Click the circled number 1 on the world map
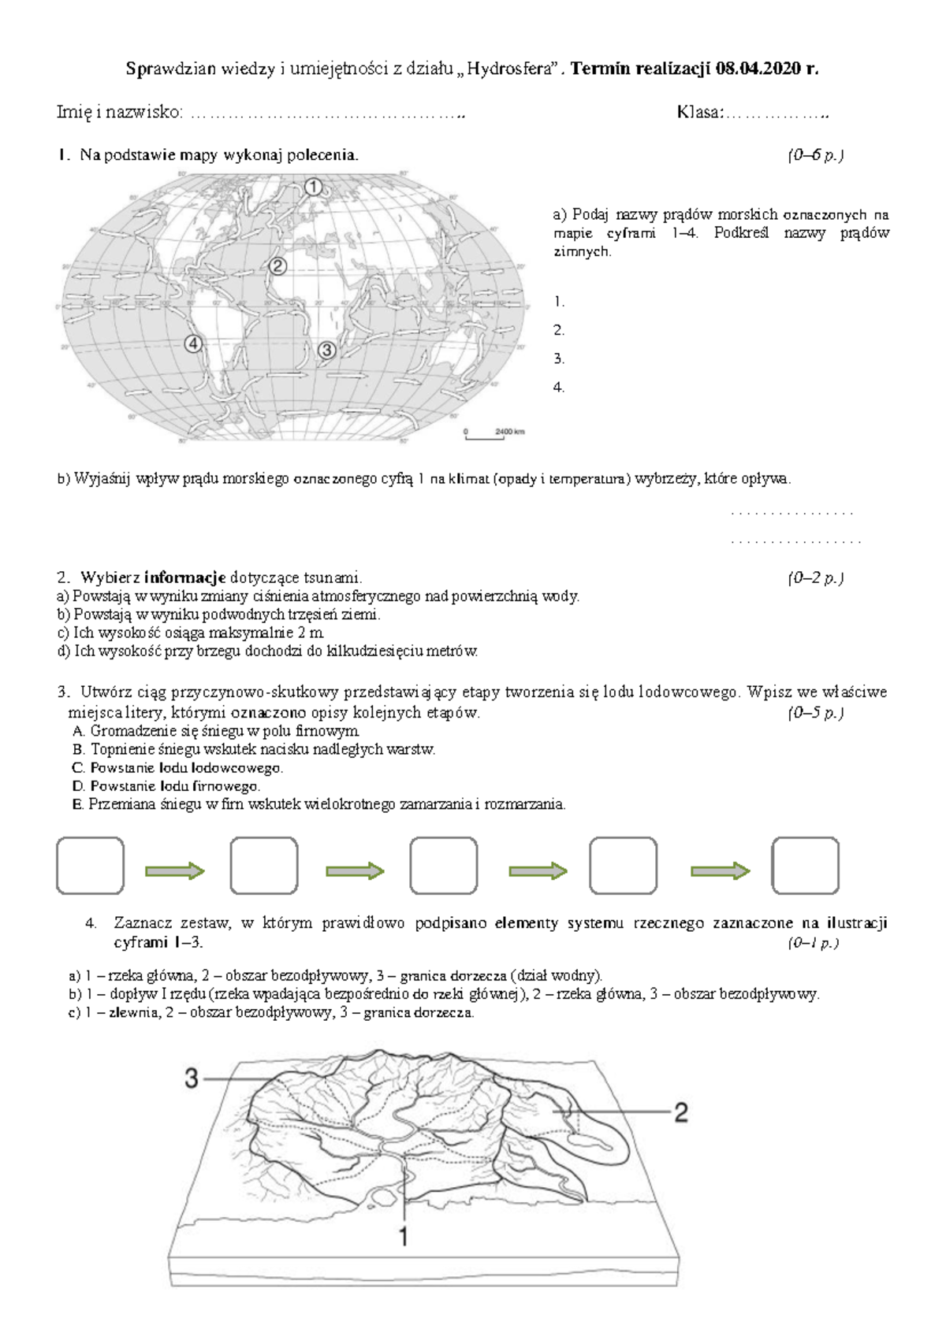point(314,187)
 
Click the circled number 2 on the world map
point(277,266)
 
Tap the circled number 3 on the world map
point(326,351)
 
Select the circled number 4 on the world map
point(193,343)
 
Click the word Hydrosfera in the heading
point(508,69)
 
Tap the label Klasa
point(698,112)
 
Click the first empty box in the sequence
point(91,866)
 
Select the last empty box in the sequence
point(805,866)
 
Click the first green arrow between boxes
point(175,870)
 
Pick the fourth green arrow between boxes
point(720,870)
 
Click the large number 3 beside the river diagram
point(192,1078)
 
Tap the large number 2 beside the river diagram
point(681,1112)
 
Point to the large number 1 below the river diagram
point(404,1238)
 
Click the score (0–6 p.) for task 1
point(815,155)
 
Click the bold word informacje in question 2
point(185,577)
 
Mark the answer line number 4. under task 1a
point(559,387)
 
